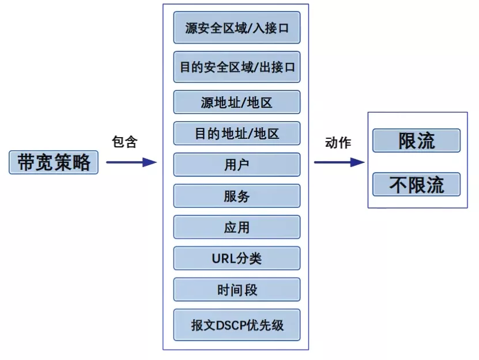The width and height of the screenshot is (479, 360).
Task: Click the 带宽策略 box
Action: click(x=54, y=162)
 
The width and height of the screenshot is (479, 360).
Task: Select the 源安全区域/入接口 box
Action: click(x=237, y=28)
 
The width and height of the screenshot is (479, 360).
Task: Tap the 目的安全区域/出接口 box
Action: click(x=237, y=67)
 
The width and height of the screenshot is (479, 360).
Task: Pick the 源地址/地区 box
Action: click(x=237, y=103)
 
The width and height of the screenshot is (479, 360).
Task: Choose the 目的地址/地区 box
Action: click(x=237, y=134)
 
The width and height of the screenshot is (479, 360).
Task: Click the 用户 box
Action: click(x=237, y=165)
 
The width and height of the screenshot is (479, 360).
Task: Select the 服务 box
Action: click(x=237, y=196)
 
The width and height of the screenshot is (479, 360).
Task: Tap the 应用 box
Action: click(x=237, y=227)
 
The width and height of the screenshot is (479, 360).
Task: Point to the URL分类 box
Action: click(x=237, y=258)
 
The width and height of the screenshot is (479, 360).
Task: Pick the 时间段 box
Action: click(x=237, y=290)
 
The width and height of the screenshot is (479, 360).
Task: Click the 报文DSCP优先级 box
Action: click(x=237, y=324)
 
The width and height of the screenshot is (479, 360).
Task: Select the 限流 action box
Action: click(x=416, y=141)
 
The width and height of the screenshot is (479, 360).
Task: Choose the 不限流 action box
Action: click(x=416, y=184)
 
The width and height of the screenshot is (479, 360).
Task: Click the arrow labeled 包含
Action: click(x=131, y=162)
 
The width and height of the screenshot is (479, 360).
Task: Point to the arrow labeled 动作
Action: click(x=339, y=162)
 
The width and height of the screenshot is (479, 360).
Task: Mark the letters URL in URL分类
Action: click(x=224, y=259)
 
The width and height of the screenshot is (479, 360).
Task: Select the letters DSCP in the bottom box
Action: click(x=231, y=325)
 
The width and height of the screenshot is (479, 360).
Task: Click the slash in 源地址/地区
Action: click(x=243, y=103)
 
